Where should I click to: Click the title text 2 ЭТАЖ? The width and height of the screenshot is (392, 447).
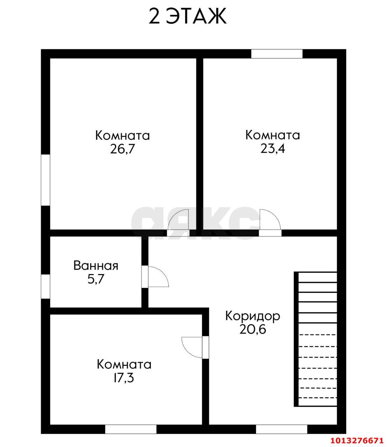pos(187,17)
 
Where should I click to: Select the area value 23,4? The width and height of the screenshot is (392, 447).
pos(272,149)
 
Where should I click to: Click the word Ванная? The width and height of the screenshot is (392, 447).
pos(96,266)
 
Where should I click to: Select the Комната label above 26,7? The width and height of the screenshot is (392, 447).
pos(122,135)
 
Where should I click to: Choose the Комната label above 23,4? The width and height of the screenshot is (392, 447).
pos(272,135)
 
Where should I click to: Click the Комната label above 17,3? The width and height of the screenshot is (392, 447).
pos(124,365)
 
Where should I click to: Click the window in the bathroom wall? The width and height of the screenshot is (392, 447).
pos(45,286)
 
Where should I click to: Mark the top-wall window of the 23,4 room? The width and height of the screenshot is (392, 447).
pos(277,54)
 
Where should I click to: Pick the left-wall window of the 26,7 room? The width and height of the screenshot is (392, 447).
pos(45,180)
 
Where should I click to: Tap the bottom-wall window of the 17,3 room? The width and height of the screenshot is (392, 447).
pos(131,429)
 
